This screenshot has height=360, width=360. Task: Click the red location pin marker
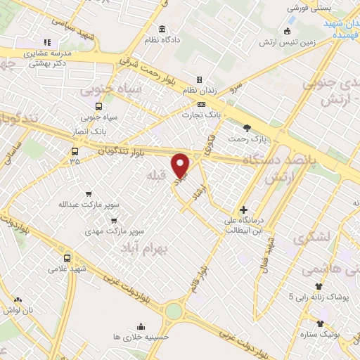click(x=181, y=165)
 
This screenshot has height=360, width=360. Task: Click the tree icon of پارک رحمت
click(x=247, y=127)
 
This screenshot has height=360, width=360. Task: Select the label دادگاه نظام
click(x=162, y=40)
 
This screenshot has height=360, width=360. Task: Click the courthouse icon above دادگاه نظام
click(x=162, y=29)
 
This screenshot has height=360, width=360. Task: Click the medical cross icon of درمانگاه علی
click(x=243, y=210)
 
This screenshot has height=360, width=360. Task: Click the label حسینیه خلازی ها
click(x=141, y=337)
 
